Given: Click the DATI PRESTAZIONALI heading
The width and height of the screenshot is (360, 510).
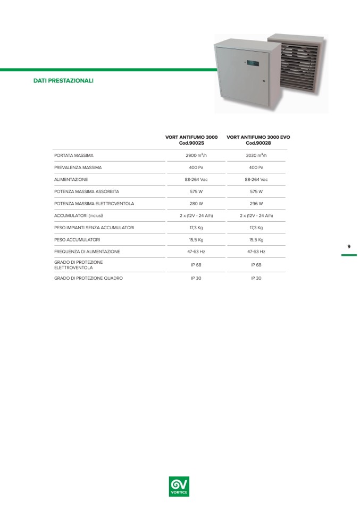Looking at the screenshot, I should [63, 81].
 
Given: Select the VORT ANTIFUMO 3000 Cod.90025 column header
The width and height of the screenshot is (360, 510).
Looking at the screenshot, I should [191, 140].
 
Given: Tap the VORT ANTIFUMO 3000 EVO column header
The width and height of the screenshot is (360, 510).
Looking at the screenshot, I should [258, 140].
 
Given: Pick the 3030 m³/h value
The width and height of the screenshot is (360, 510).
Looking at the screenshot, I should [256, 155].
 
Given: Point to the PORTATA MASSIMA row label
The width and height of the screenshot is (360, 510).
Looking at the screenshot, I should [74, 155].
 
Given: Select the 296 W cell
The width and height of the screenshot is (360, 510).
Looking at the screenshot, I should [256, 203].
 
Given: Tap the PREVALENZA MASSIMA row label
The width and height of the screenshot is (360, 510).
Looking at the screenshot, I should [78, 168].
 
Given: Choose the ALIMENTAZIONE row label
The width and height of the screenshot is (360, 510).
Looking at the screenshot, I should [71, 179].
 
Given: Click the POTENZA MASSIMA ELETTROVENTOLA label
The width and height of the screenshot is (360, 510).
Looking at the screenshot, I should [94, 203].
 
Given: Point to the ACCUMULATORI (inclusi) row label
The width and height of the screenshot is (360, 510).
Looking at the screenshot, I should [79, 215].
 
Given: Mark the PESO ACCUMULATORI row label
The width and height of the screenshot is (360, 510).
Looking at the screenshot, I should [77, 239].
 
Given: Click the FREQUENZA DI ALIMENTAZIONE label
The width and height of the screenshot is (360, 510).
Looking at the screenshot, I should [87, 251].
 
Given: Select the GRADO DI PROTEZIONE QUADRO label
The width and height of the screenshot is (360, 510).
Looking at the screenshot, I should [88, 278].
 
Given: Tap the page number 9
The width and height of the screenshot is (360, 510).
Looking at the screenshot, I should [349, 246].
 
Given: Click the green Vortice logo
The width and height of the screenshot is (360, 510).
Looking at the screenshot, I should [179, 486].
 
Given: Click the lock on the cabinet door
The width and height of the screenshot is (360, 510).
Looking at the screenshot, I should [264, 81].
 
